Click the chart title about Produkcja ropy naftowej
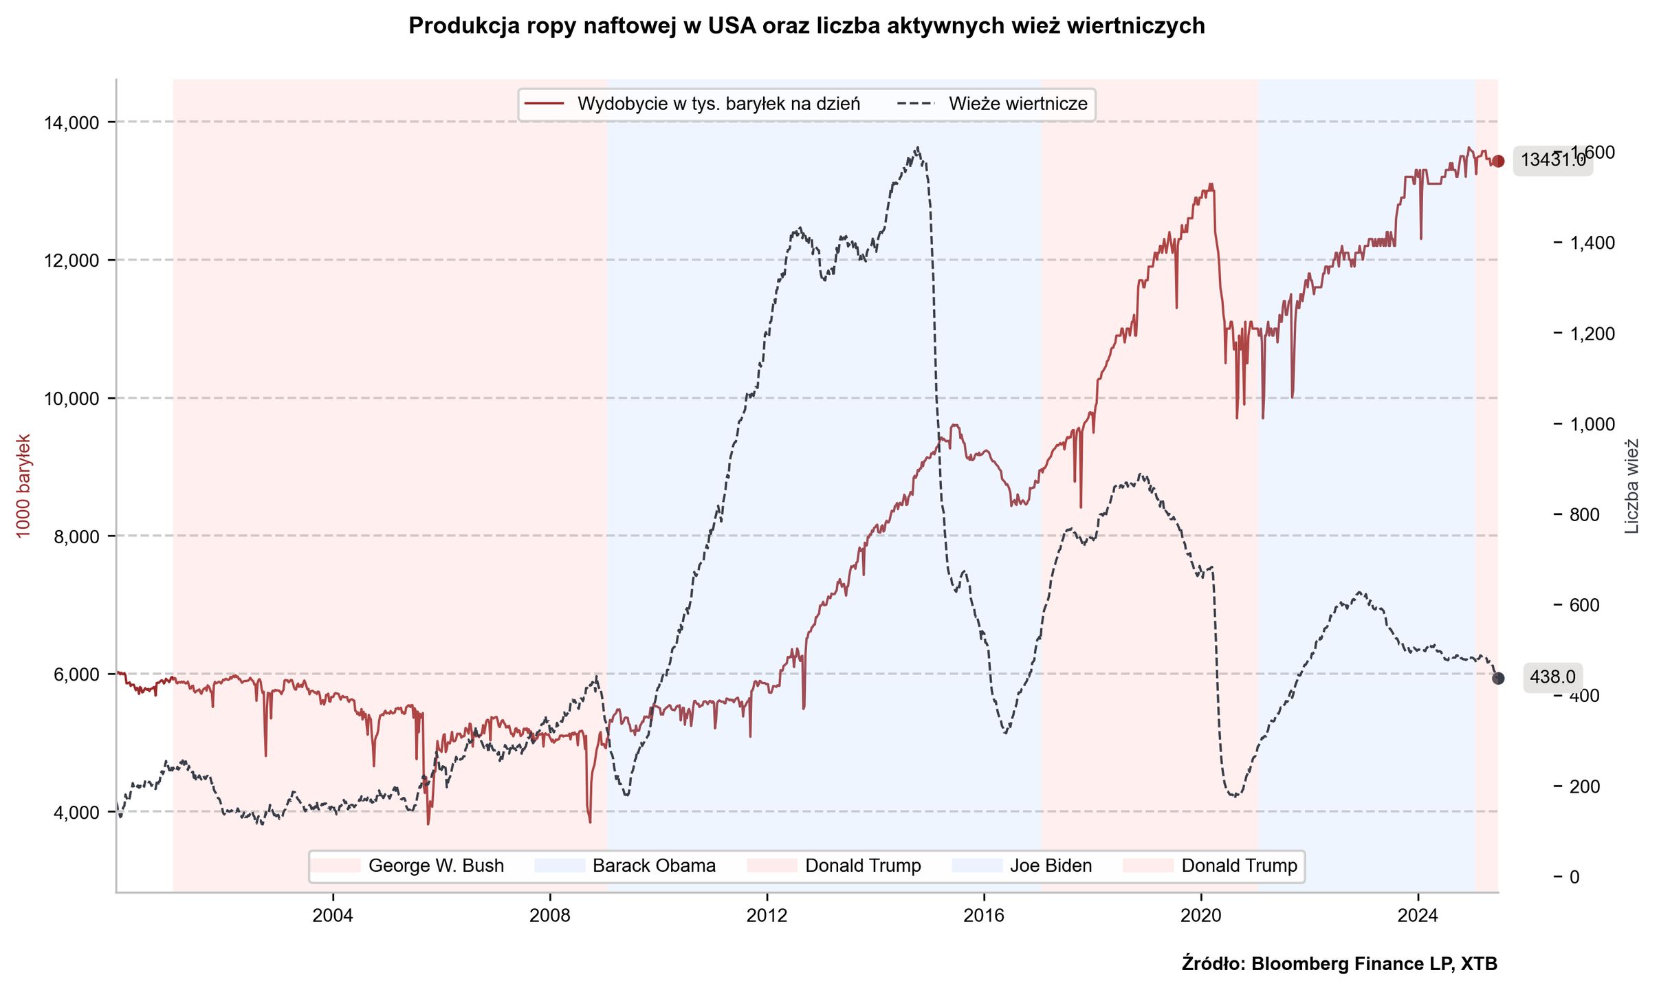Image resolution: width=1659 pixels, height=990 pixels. (806, 26)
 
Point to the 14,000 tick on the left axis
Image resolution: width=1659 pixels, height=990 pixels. (71, 123)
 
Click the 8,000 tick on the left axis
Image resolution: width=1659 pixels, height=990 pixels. (76, 537)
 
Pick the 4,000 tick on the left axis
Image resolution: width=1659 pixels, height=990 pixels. (76, 813)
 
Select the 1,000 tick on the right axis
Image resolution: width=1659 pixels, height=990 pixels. (1592, 424)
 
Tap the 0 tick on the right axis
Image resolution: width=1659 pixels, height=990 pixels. (1574, 877)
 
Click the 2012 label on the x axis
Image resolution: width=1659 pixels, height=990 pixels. (767, 916)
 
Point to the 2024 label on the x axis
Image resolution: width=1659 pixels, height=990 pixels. (1418, 916)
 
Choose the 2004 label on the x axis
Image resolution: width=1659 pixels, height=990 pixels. (333, 916)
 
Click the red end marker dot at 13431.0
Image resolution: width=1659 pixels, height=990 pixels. (1498, 161)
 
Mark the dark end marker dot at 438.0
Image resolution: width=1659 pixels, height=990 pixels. (1498, 679)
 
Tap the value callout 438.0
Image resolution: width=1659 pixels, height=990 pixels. (1552, 677)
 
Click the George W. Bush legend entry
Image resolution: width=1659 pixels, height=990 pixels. (435, 866)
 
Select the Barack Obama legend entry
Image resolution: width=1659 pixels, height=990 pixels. (653, 866)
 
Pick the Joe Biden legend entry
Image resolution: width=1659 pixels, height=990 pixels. (1050, 866)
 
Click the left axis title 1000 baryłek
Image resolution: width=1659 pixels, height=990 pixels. (23, 486)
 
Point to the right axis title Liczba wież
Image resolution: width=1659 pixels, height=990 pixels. (1632, 486)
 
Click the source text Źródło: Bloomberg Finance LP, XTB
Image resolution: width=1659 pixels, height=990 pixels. (1339, 964)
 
